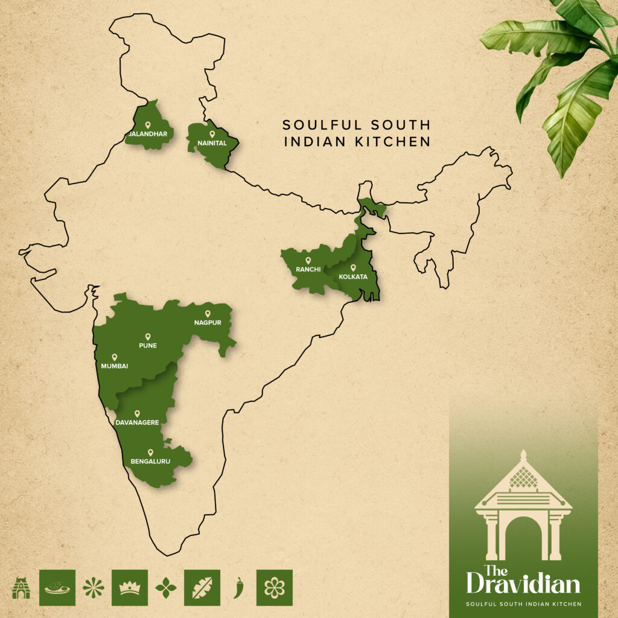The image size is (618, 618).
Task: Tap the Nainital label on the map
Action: coord(212,143)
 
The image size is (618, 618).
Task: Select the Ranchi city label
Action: coord(308,269)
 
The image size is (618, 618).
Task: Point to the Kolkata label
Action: coord(353,276)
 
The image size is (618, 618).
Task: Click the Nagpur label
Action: coord(208,322)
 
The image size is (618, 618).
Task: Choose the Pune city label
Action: coord(147,345)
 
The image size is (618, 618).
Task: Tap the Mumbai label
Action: coord(115,366)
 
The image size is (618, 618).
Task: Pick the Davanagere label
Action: coord(137,422)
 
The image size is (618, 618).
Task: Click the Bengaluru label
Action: coord(150,462)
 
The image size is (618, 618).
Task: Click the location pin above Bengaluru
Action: coord(150,452)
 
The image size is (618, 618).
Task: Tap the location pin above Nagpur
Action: coord(208,313)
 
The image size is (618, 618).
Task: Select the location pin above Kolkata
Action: coord(353,267)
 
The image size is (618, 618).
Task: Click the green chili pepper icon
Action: coord(238,587)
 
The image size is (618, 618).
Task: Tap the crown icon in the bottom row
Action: coord(130,587)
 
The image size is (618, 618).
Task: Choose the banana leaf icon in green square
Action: coord(202,587)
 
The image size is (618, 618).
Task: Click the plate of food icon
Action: coord(57,587)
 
